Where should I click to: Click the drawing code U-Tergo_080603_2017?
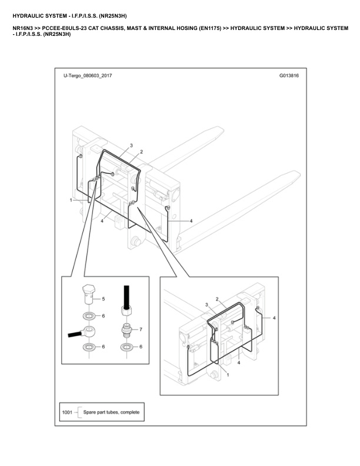[x=88, y=75]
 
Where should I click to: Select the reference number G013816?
[x=289, y=75]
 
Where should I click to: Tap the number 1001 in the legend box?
[x=67, y=412]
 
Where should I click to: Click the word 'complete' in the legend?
[x=130, y=412]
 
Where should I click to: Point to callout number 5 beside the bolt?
[x=104, y=299]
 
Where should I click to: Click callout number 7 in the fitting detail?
[x=141, y=329]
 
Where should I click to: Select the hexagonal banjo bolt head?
[x=88, y=289]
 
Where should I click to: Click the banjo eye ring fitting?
[x=88, y=331]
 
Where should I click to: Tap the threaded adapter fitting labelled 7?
[x=126, y=329]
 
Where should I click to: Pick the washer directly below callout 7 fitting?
[x=126, y=347]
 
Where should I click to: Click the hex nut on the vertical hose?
[x=126, y=311]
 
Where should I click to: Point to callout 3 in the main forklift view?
[x=131, y=146]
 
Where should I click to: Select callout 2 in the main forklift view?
[x=141, y=152]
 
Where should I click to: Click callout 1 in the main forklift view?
[x=71, y=200]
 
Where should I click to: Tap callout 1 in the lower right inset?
[x=228, y=375]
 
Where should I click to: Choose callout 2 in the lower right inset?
[x=217, y=299]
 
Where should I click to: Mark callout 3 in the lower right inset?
[x=206, y=305]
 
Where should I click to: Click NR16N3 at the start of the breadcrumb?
[x=22, y=28]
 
